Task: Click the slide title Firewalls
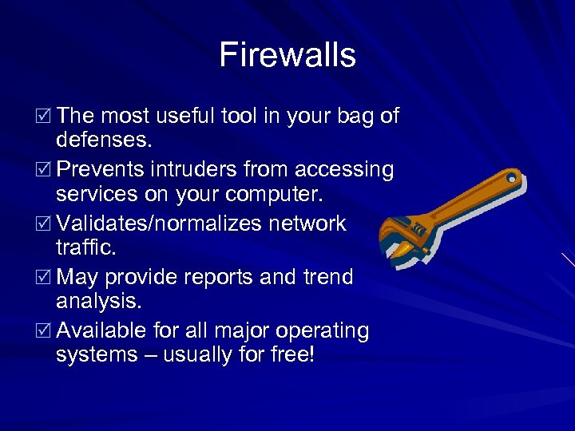pos(287,55)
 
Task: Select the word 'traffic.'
pos(85,248)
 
